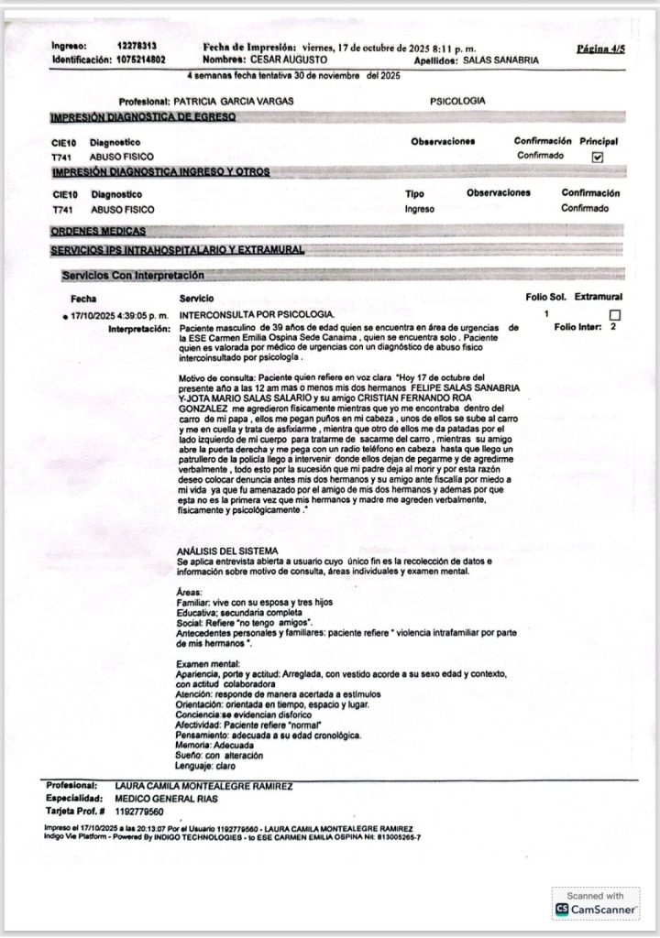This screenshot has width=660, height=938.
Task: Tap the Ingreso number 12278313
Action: (137, 46)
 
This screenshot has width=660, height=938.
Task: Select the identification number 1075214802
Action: (136, 60)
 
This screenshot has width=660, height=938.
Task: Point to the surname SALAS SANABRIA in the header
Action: (501, 60)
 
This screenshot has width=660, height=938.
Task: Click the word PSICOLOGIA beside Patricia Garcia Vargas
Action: (457, 101)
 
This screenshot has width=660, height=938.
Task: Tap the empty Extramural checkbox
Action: (614, 315)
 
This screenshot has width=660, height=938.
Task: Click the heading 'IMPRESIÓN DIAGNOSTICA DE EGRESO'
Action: (143, 118)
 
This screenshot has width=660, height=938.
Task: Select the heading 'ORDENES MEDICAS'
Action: (98, 232)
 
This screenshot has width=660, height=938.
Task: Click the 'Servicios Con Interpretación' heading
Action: (133, 275)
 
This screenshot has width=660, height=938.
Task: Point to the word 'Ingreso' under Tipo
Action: (419, 209)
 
